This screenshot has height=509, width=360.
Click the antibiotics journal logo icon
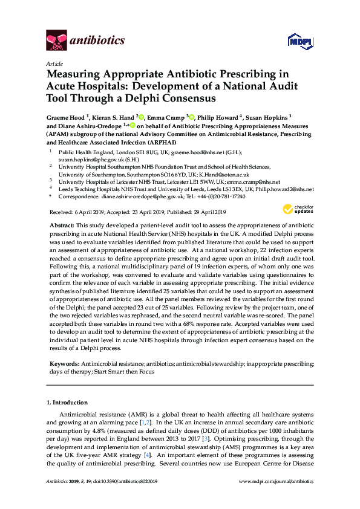(x=57, y=40)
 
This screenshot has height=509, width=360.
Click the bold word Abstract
(x=62, y=224)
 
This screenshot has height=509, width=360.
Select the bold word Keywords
(x=64, y=364)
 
